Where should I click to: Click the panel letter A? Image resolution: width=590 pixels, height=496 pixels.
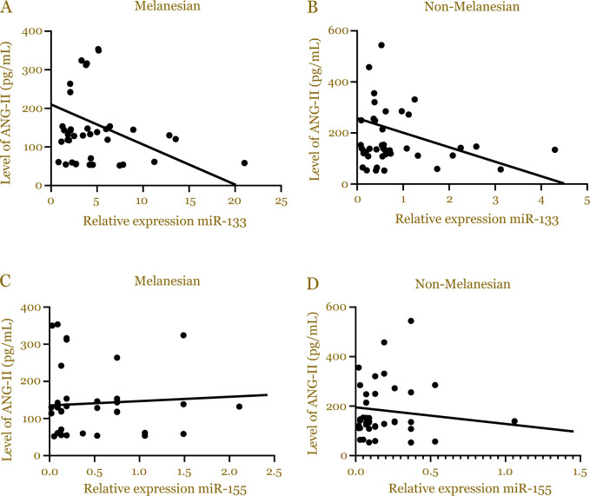7,9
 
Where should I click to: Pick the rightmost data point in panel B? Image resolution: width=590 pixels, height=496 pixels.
554,149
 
